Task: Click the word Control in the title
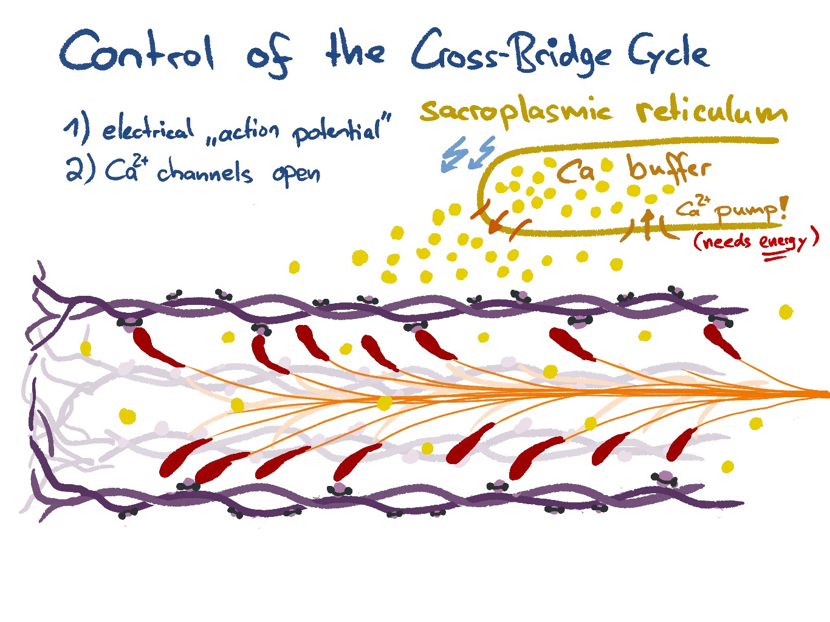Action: click(137, 52)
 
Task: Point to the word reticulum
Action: click(712, 112)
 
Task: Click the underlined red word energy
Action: click(783, 242)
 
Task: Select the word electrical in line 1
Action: click(148, 129)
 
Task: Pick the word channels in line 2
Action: click(205, 173)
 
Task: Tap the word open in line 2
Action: click(296, 174)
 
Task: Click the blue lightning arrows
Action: click(466, 153)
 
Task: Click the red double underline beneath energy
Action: click(775, 258)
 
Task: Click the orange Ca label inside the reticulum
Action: click(575, 172)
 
